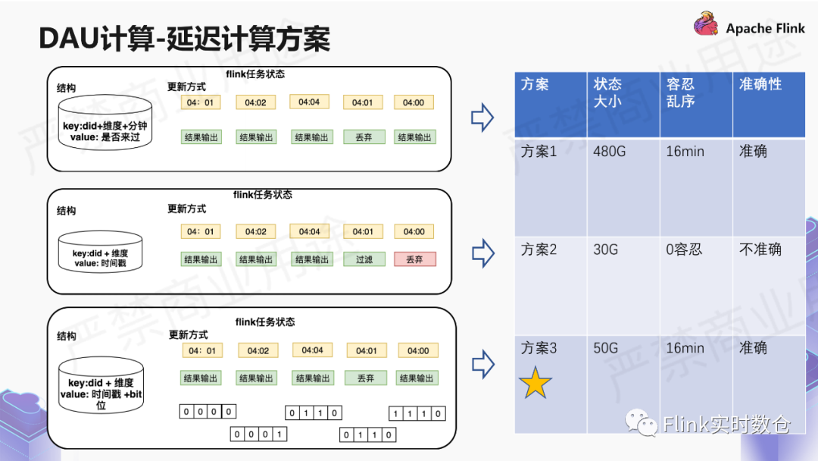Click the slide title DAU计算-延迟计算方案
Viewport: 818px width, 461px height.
(x=185, y=38)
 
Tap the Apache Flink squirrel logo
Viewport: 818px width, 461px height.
(x=706, y=24)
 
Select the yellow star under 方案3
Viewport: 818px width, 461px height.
(x=535, y=384)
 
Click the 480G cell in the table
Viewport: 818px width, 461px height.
(x=610, y=152)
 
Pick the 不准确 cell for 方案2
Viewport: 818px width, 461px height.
(x=760, y=249)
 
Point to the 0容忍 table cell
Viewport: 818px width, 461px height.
(x=684, y=249)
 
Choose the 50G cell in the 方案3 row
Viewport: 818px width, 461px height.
(x=606, y=348)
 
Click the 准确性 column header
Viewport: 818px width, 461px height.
(x=760, y=84)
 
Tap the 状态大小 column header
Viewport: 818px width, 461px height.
(x=608, y=93)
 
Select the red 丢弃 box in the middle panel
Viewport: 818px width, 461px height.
(x=414, y=259)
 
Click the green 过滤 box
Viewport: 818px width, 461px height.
(x=364, y=259)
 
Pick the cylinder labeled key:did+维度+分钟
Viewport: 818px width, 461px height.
(x=105, y=122)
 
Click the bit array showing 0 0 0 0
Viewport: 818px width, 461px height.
(x=208, y=412)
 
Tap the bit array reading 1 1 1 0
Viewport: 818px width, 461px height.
(x=417, y=413)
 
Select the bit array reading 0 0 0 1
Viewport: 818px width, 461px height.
(x=259, y=434)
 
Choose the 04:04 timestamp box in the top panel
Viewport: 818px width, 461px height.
(x=309, y=102)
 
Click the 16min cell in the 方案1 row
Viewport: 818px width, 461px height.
(x=685, y=152)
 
